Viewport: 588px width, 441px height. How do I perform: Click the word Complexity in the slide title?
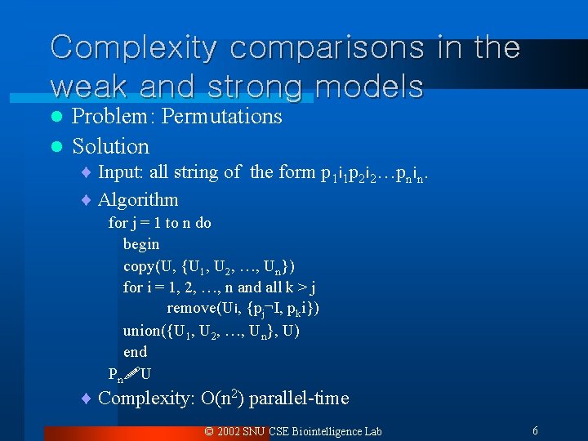click(x=133, y=47)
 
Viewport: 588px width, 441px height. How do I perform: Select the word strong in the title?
click(x=253, y=86)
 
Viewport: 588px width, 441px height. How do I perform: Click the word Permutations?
click(x=222, y=117)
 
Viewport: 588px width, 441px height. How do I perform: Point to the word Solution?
click(x=111, y=147)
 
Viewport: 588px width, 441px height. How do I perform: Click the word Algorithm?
click(x=138, y=200)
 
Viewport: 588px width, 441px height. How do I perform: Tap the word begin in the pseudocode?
click(x=141, y=244)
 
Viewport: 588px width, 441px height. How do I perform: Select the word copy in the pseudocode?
click(x=139, y=266)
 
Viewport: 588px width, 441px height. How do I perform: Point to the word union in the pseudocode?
click(x=141, y=330)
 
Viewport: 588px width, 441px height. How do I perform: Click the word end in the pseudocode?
click(x=135, y=352)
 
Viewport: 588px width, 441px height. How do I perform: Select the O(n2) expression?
click(x=222, y=399)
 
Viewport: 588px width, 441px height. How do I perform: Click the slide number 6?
click(x=535, y=430)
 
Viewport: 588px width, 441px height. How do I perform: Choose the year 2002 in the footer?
click(x=229, y=431)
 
